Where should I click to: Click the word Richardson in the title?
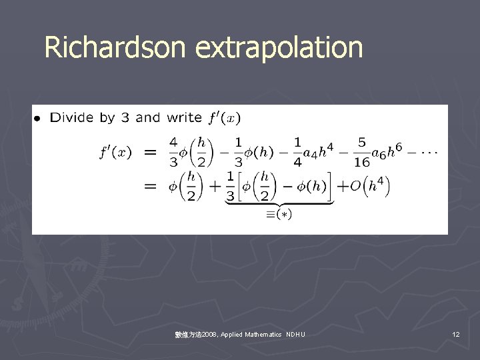click(x=116, y=47)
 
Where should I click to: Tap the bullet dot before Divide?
click(x=38, y=119)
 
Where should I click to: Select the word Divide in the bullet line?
click(x=73, y=118)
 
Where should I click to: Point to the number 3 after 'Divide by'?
click(x=125, y=118)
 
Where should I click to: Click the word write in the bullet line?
click(x=183, y=118)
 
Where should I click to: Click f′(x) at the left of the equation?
click(x=116, y=153)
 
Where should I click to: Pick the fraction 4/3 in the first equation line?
click(x=173, y=153)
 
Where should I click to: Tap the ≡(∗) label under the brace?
click(x=279, y=214)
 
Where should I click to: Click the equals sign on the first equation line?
click(x=151, y=153)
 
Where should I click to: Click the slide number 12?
click(x=456, y=334)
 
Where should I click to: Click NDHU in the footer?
click(x=295, y=334)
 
